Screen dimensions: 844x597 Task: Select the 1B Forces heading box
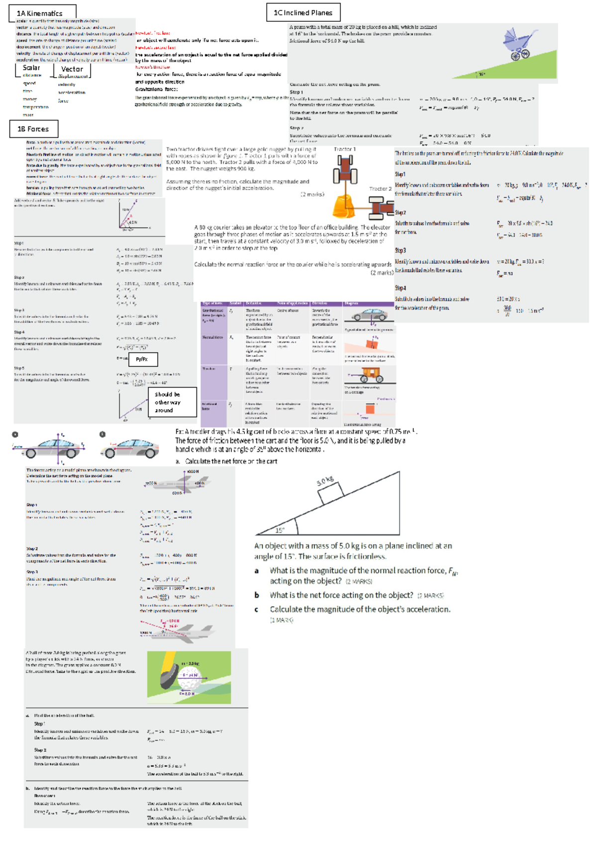coord(33,129)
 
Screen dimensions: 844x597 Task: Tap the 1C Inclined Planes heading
coord(303,12)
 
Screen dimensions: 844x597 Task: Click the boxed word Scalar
coord(31,68)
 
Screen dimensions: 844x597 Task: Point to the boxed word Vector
coord(72,69)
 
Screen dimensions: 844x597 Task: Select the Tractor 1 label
coord(344,149)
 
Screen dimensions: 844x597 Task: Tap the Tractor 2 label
coord(380,189)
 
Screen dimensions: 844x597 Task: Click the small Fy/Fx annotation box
coord(142,359)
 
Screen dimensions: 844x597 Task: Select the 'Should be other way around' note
coord(168,402)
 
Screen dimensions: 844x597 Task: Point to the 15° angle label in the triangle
coord(281,530)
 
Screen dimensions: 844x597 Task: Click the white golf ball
coord(191,676)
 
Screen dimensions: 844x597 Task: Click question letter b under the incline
coord(257,595)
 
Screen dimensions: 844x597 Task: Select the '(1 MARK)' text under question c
coord(282,620)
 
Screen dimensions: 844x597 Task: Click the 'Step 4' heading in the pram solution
coord(400,288)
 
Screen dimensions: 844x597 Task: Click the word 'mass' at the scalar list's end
coord(28,114)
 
